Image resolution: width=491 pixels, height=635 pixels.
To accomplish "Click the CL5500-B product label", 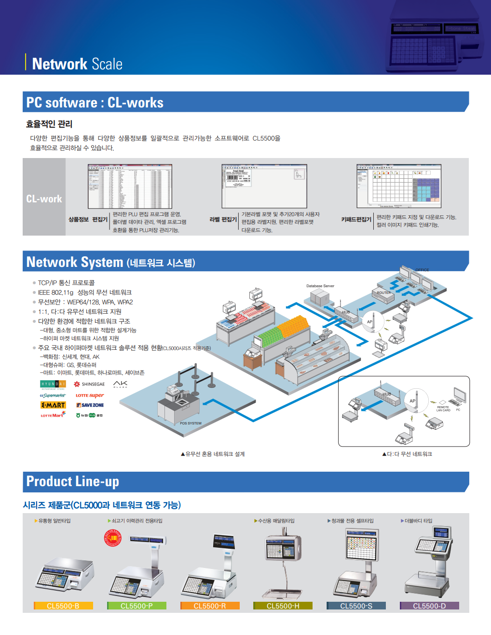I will pos(63,606).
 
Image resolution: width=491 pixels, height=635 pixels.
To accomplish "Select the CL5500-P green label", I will pos(136,606).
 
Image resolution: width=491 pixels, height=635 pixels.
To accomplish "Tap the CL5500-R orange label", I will pos(210,606).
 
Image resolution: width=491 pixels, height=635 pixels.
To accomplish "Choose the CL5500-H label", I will pos(283,606).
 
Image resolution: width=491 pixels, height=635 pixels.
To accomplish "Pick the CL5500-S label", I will pos(356,606).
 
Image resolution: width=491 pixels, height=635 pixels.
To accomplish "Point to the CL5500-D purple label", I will pos(429,606).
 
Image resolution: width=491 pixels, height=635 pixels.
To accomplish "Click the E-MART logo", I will pos(53,405).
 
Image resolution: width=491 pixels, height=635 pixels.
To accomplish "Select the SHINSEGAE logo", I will pos(89,384).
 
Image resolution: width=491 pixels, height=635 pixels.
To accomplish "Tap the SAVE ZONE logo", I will pos(90,405).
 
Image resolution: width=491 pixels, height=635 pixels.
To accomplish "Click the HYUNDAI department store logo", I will pos(53,384).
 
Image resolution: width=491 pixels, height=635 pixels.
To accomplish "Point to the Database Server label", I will pos(320,286).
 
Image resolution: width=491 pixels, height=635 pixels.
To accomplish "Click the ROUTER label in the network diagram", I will pos(384,292).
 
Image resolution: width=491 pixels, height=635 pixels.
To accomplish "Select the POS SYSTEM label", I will pos(191,423).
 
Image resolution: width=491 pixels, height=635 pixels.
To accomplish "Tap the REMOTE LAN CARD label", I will pos(443,409).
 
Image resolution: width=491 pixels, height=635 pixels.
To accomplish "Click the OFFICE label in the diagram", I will pos(422,270).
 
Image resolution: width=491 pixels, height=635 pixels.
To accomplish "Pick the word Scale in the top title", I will pos(107,64).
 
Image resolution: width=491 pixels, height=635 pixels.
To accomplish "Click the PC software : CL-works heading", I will pos(95,103).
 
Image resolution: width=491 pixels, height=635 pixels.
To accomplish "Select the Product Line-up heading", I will pos(73,481).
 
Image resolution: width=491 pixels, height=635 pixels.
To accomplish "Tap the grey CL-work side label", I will pos(44,199).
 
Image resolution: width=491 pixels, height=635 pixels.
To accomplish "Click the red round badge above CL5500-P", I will pos(113,538).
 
